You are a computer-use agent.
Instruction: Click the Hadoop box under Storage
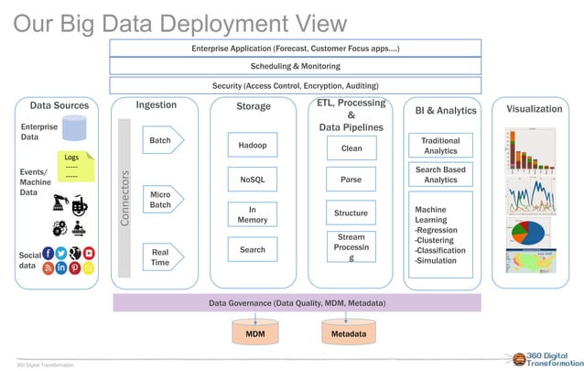(x=252, y=145)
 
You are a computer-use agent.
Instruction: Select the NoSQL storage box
(x=252, y=180)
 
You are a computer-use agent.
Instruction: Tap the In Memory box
(x=252, y=214)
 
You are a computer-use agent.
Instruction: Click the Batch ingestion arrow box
(x=161, y=141)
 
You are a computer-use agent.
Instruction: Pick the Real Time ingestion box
(x=161, y=256)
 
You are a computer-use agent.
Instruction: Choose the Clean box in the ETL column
(x=351, y=147)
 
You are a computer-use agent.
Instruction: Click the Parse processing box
(x=351, y=180)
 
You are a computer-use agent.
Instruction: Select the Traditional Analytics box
(x=440, y=146)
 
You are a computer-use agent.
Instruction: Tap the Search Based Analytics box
(x=440, y=175)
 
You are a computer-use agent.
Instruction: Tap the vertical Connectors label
(x=125, y=197)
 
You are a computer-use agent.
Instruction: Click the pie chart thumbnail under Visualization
(x=526, y=229)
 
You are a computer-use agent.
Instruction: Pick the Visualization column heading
(x=534, y=108)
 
